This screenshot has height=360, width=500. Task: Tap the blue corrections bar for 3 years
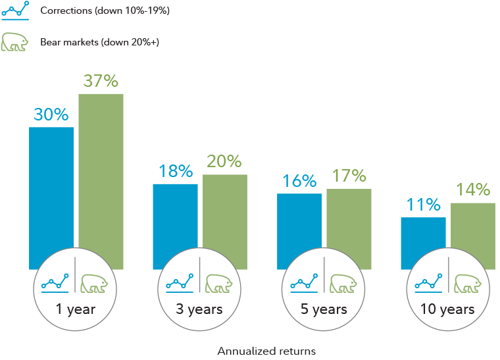[x=175, y=217]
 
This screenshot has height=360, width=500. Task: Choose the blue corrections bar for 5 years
[x=299, y=224]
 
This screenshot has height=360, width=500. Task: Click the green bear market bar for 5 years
[x=349, y=220]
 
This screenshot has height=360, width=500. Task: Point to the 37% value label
[x=101, y=81]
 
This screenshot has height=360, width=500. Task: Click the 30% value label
[x=51, y=115]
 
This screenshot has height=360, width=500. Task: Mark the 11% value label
[x=423, y=205]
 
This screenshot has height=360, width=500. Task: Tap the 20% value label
[x=224, y=161]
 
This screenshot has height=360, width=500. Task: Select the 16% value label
[x=299, y=181]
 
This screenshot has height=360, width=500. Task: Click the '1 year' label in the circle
[x=76, y=309]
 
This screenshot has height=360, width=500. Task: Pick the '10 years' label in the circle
[x=448, y=309]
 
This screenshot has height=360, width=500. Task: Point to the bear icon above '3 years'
[x=219, y=284]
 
